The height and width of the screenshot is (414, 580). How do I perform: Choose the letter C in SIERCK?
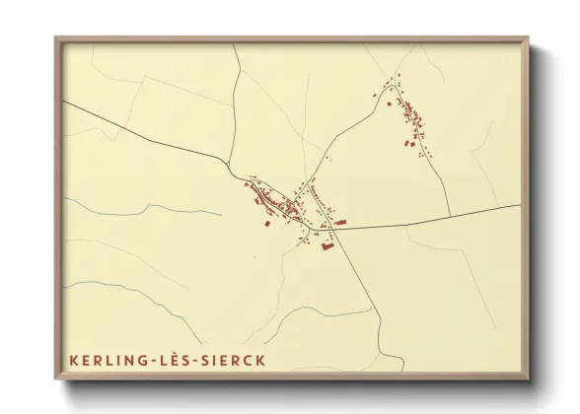click(x=248, y=360)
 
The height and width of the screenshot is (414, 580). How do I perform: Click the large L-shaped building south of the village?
click(x=324, y=245)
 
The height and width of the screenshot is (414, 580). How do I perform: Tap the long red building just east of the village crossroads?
click(x=340, y=223)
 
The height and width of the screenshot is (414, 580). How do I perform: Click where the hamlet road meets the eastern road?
click(x=451, y=216)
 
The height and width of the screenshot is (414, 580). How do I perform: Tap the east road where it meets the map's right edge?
click(x=520, y=205)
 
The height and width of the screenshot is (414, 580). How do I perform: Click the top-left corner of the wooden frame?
click(x=55, y=38)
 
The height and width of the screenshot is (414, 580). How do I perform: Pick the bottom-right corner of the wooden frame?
click(x=528, y=380)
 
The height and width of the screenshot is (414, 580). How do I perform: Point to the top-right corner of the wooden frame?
click(x=528, y=38)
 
